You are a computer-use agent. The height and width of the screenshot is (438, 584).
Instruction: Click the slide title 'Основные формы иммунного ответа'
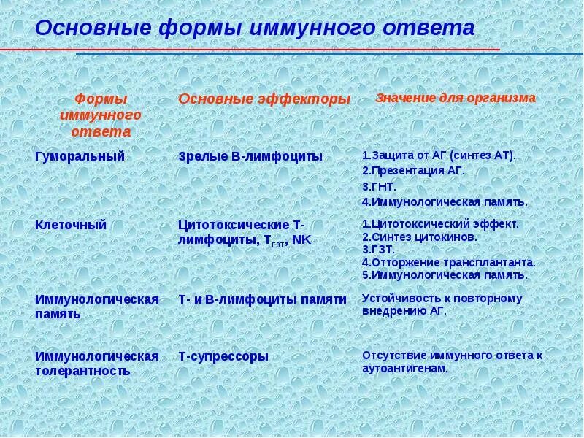click(255, 28)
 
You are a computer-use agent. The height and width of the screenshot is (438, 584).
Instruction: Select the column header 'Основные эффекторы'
click(264, 99)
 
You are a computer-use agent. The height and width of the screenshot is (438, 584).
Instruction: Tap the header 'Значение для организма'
click(456, 97)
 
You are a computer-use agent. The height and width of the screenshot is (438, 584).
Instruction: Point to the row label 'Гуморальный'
click(80, 156)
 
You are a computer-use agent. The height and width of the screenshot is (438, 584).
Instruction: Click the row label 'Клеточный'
click(71, 225)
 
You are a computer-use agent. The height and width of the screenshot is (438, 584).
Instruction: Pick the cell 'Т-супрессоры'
click(223, 356)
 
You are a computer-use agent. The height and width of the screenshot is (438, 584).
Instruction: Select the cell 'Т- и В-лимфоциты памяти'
click(262, 299)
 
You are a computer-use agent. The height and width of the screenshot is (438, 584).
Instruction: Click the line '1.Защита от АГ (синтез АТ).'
click(439, 155)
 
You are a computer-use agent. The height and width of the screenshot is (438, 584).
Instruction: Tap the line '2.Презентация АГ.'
click(413, 171)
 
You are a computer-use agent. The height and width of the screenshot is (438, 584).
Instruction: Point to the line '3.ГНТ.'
click(379, 186)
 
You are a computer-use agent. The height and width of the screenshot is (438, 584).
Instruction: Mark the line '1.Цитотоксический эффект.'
click(440, 224)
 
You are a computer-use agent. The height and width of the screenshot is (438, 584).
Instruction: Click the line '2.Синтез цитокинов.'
click(420, 237)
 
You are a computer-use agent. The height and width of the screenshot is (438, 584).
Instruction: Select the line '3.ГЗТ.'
click(378, 250)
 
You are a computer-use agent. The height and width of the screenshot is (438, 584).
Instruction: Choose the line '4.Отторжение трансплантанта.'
click(448, 262)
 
